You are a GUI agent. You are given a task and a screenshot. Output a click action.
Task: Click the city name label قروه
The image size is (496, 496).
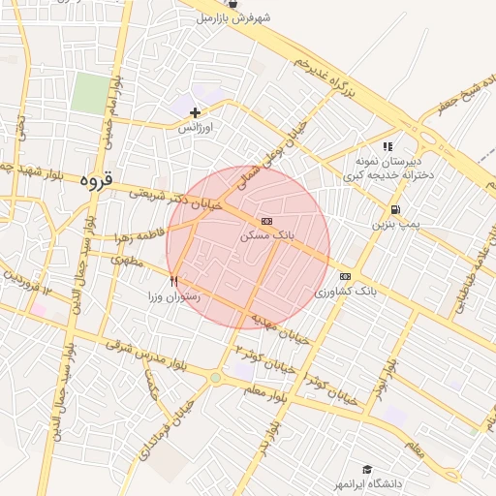(x=98, y=179)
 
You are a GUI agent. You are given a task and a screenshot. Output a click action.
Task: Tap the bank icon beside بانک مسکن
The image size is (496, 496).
(x=266, y=221)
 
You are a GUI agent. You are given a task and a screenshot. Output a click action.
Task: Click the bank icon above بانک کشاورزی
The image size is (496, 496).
(x=345, y=276)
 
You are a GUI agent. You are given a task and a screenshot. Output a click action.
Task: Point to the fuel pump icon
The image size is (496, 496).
(x=395, y=209)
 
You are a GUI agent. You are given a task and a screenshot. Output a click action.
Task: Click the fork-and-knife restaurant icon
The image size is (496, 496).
(x=173, y=281)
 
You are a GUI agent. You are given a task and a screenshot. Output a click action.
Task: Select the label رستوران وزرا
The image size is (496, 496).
(x=173, y=296)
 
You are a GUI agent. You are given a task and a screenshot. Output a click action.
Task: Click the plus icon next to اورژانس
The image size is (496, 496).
(x=195, y=113)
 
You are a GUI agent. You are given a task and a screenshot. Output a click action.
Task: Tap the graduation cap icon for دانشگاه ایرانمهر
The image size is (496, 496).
(x=367, y=469)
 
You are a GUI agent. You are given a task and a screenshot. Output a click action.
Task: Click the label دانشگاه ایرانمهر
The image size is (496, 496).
(x=367, y=482)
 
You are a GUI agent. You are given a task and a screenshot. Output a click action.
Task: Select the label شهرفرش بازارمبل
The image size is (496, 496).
(x=246, y=17)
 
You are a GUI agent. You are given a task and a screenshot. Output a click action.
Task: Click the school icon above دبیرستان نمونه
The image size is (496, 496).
(x=387, y=146)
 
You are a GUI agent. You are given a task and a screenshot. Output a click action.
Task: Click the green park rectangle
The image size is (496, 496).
(x=90, y=94)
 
